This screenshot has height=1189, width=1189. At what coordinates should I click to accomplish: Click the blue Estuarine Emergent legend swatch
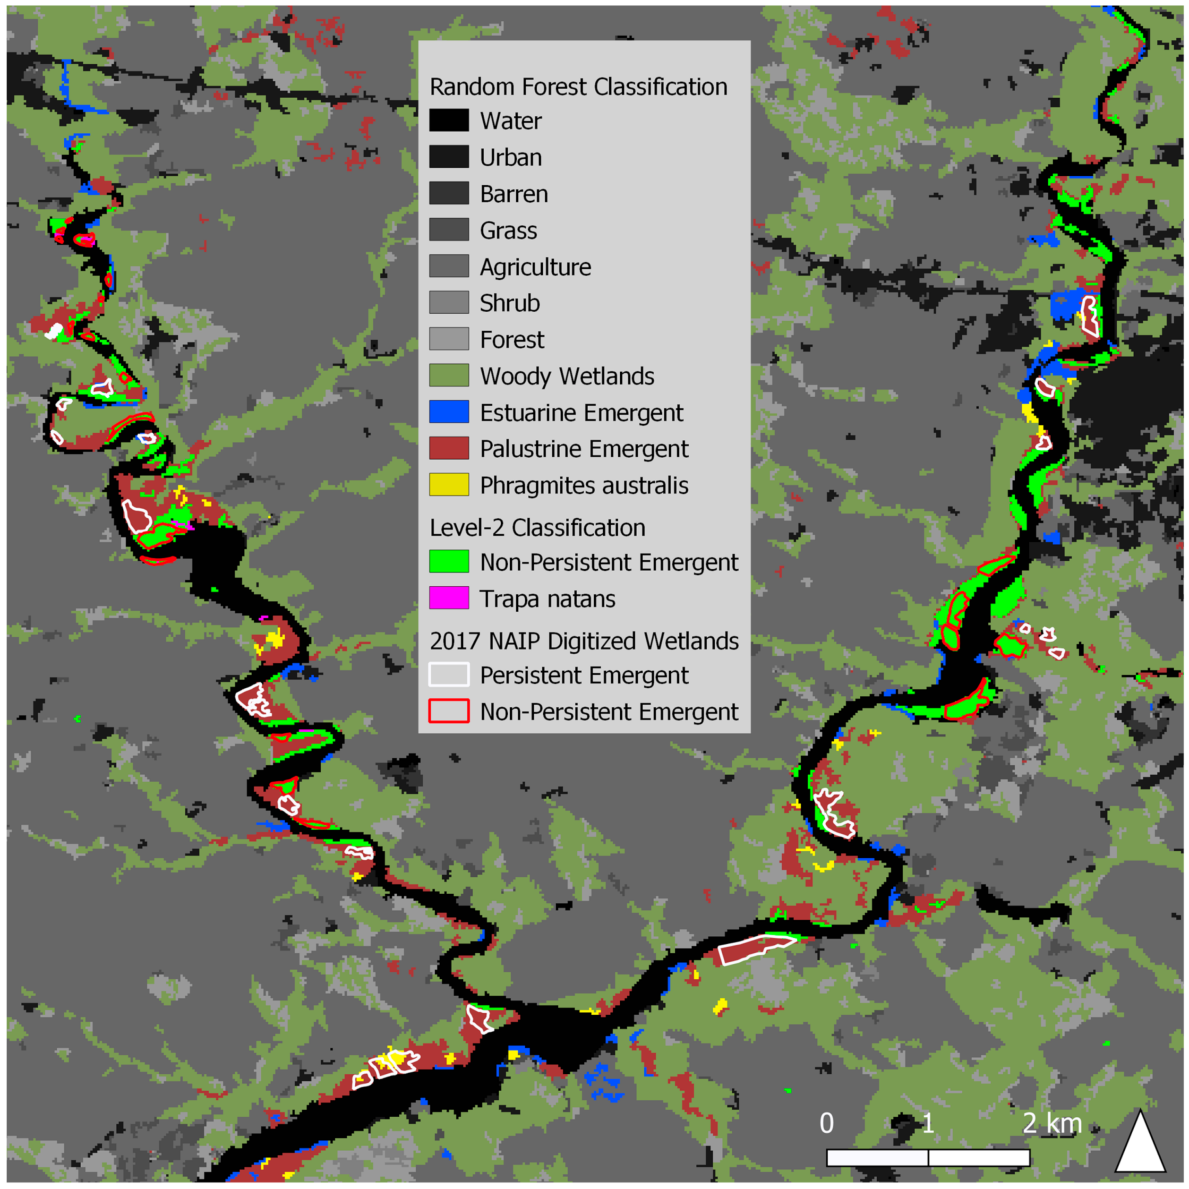point(449,412)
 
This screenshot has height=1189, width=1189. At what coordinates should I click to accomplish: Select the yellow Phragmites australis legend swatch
point(449,485)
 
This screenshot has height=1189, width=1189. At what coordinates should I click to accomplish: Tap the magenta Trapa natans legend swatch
point(449,598)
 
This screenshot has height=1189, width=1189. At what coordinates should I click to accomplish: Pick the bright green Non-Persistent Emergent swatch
point(449,561)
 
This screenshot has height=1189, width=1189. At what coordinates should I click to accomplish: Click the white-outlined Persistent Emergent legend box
point(449,675)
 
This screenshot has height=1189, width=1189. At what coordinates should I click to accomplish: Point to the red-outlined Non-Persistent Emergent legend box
point(449,711)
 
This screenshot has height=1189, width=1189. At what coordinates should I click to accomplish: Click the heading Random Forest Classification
point(578,87)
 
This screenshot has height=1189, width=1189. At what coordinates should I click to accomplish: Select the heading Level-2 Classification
point(537,527)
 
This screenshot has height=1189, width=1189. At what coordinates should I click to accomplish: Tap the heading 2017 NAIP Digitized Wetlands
point(583,641)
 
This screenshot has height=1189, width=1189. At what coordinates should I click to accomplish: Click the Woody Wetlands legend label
point(567,376)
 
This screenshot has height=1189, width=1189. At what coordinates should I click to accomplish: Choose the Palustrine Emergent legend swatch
point(449,449)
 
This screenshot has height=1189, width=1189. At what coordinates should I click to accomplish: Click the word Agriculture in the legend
point(535,267)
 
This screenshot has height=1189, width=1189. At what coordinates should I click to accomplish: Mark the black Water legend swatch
point(449,120)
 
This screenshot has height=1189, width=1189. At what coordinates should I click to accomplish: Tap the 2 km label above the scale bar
point(1051,1124)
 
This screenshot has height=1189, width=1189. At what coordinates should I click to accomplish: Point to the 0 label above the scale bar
point(827,1124)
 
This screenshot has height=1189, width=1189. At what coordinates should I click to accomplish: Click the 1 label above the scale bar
point(927,1124)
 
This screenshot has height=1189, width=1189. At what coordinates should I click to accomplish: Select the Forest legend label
point(512,340)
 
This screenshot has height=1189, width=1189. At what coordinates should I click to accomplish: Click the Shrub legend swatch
point(449,303)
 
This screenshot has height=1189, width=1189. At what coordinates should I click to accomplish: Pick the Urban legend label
point(510,158)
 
